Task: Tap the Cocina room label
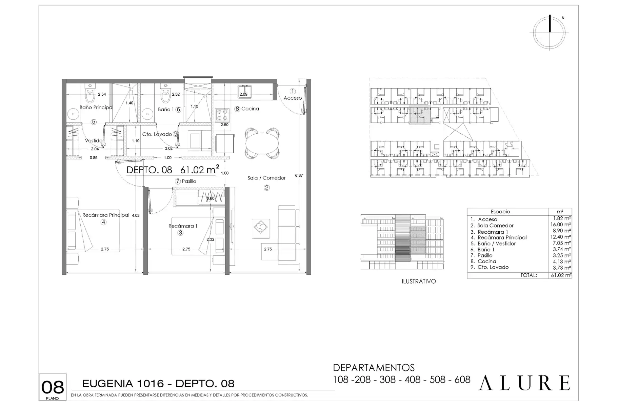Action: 250,109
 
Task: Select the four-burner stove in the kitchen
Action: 222,115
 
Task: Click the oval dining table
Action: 263,143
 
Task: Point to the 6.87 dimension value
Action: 299,175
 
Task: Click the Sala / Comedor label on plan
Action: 266,178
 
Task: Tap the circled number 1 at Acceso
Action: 293,91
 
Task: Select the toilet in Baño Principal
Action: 89,94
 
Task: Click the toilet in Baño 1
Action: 165,94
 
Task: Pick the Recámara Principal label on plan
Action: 106,215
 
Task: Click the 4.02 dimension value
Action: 136,215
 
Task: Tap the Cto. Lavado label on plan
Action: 157,134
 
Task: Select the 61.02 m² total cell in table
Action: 560,275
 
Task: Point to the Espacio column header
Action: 500,212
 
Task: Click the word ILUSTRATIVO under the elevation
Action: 419,282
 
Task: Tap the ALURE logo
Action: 524,383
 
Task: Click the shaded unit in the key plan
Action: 420,115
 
